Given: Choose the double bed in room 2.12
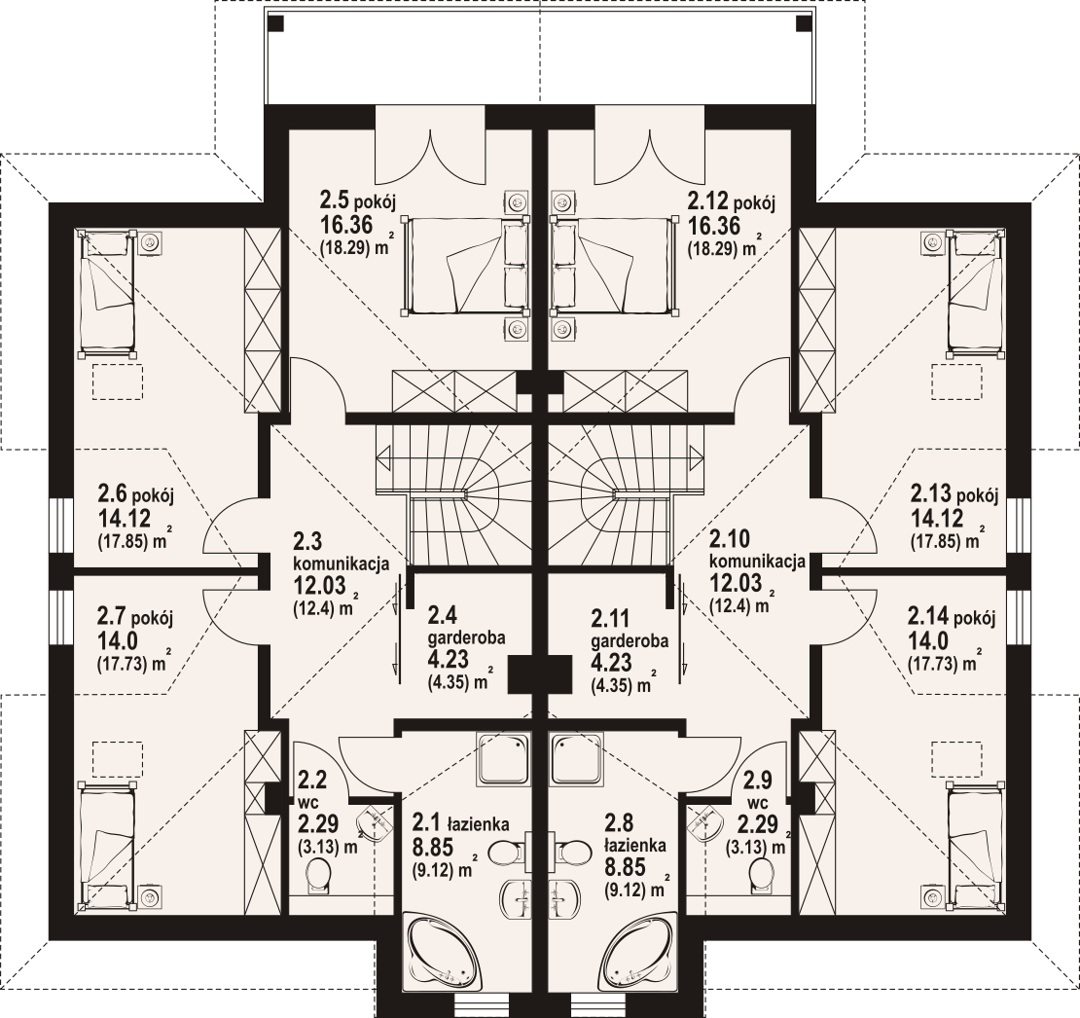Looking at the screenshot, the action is (613, 265).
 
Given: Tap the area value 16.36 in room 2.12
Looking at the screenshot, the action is (713, 225).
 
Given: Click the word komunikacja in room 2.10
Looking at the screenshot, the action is (758, 562).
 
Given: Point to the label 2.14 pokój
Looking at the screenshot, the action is (952, 616).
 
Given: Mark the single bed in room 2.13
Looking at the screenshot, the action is (974, 293).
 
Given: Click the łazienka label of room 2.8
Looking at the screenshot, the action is (635, 845).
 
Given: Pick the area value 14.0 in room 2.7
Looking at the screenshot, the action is (117, 640).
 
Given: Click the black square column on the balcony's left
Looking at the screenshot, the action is (275, 23).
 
